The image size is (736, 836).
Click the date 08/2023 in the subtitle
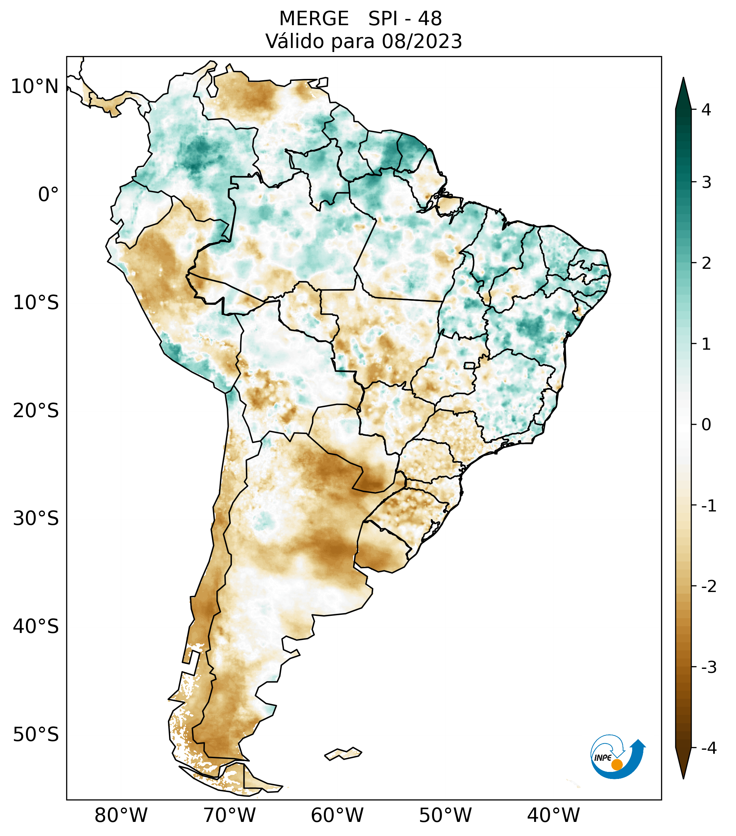[x=422, y=41]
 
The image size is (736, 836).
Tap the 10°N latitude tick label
[x=35, y=87]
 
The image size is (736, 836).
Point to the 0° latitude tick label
[x=48, y=195]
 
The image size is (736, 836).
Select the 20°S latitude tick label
[x=36, y=411]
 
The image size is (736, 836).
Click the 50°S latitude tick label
[x=36, y=735]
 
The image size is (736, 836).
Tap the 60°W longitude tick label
[x=337, y=815]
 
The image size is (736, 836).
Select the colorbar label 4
[x=706, y=110]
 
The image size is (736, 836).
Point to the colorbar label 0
[x=706, y=425]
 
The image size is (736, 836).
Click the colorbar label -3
[x=708, y=667]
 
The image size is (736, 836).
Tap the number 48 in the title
[x=430, y=19]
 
